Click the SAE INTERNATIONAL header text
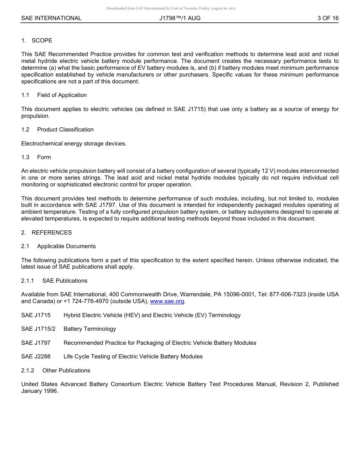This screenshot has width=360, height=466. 51,18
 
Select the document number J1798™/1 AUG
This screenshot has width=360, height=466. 180,18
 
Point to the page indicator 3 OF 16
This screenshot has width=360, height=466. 328,18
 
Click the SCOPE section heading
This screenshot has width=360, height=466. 42,41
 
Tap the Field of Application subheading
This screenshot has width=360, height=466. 62,95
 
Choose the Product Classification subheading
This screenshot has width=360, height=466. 65,130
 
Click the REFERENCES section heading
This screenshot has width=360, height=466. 52,233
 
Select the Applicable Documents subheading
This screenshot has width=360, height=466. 66,246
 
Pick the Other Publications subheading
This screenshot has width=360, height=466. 66,371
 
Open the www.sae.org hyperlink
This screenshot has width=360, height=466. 167,302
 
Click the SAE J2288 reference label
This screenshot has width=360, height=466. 36,357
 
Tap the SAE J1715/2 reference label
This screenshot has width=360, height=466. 38,329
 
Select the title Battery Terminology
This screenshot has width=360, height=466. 90,329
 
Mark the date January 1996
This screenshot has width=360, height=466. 39,391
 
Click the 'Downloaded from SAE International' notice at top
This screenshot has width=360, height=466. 171,8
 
